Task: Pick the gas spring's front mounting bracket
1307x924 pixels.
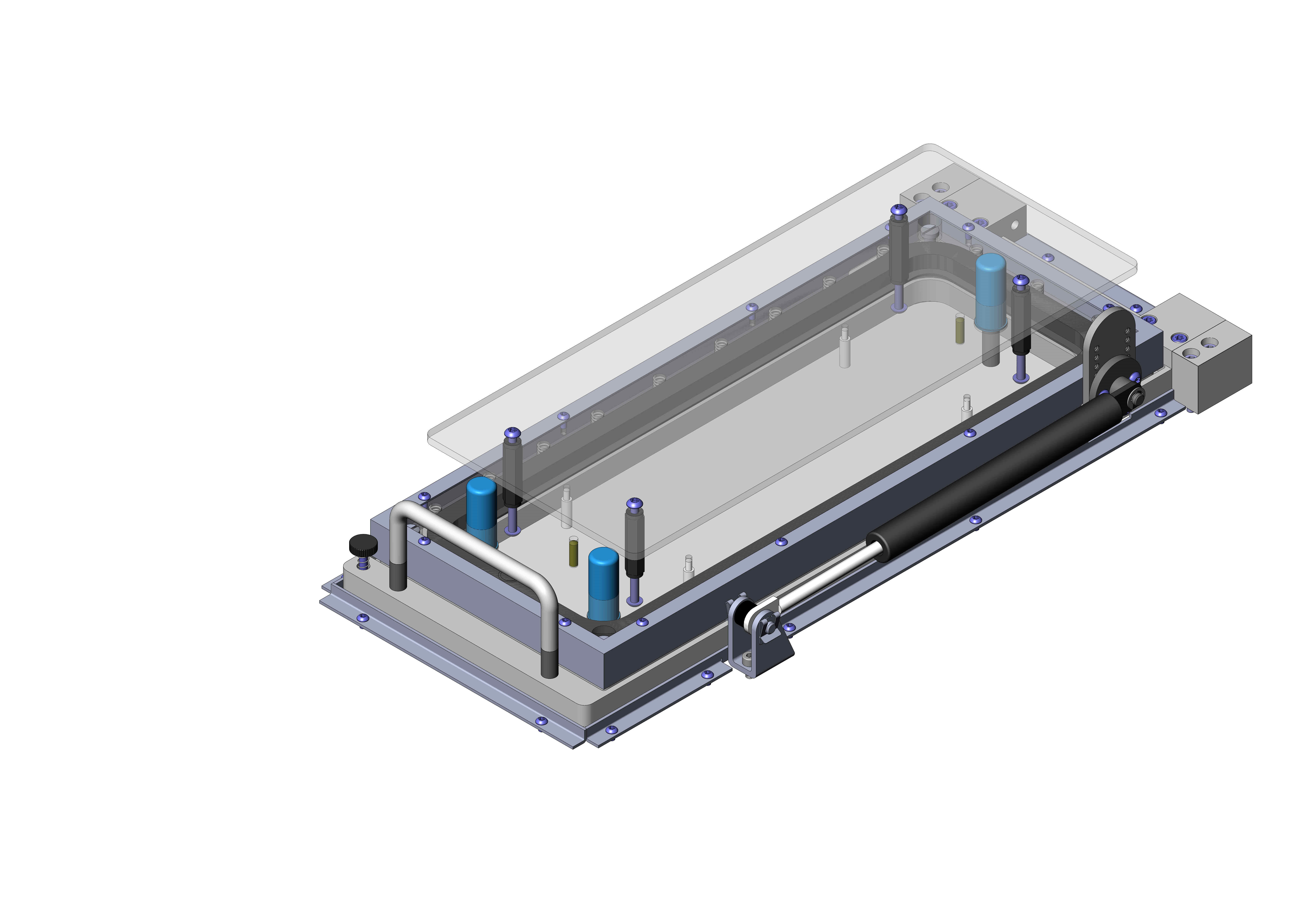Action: (x=757, y=638)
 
